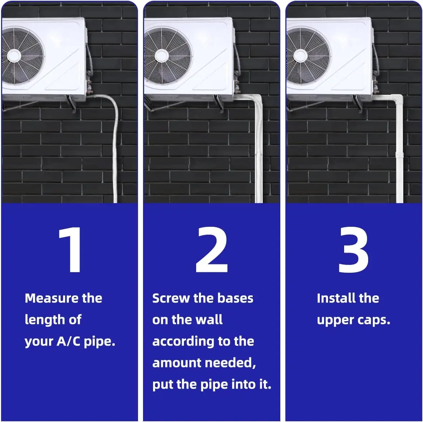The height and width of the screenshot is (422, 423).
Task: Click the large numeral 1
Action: coord(70,250)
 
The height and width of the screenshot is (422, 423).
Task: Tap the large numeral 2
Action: coord(212,250)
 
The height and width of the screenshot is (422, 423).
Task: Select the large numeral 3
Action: coord(354,250)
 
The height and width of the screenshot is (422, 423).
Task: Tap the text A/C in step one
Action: coord(68,341)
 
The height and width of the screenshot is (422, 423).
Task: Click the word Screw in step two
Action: coord(171,298)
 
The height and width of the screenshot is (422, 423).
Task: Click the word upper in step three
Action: coord(335,321)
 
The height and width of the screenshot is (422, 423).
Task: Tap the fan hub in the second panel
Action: coord(162,56)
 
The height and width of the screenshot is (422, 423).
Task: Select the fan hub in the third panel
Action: coord(300,56)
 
